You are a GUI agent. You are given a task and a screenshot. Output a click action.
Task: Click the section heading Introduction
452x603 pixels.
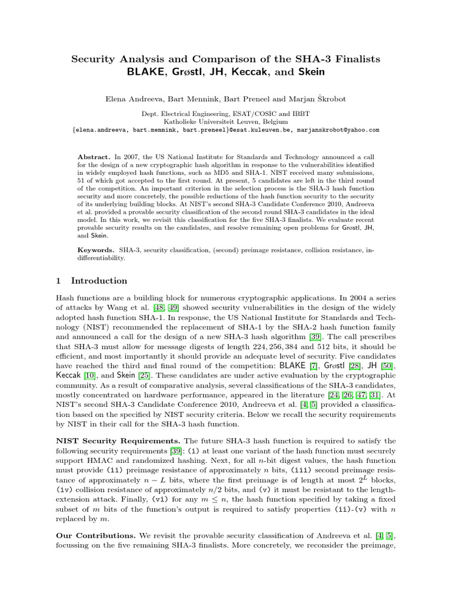point(98,281)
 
